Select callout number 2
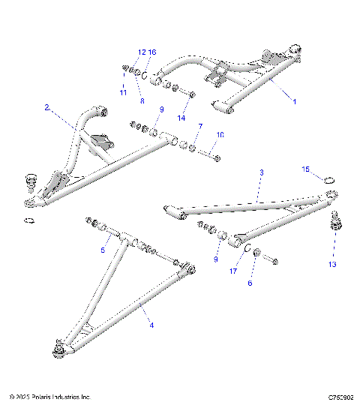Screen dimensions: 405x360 [x=46, y=108]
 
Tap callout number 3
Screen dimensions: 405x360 [x=261, y=172]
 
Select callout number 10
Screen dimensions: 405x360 [x=220, y=135]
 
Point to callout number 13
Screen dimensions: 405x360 [x=332, y=264]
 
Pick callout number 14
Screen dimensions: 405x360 [x=181, y=118]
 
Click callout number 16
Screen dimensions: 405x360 [x=152, y=52]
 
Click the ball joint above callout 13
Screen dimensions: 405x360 [x=334, y=223]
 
